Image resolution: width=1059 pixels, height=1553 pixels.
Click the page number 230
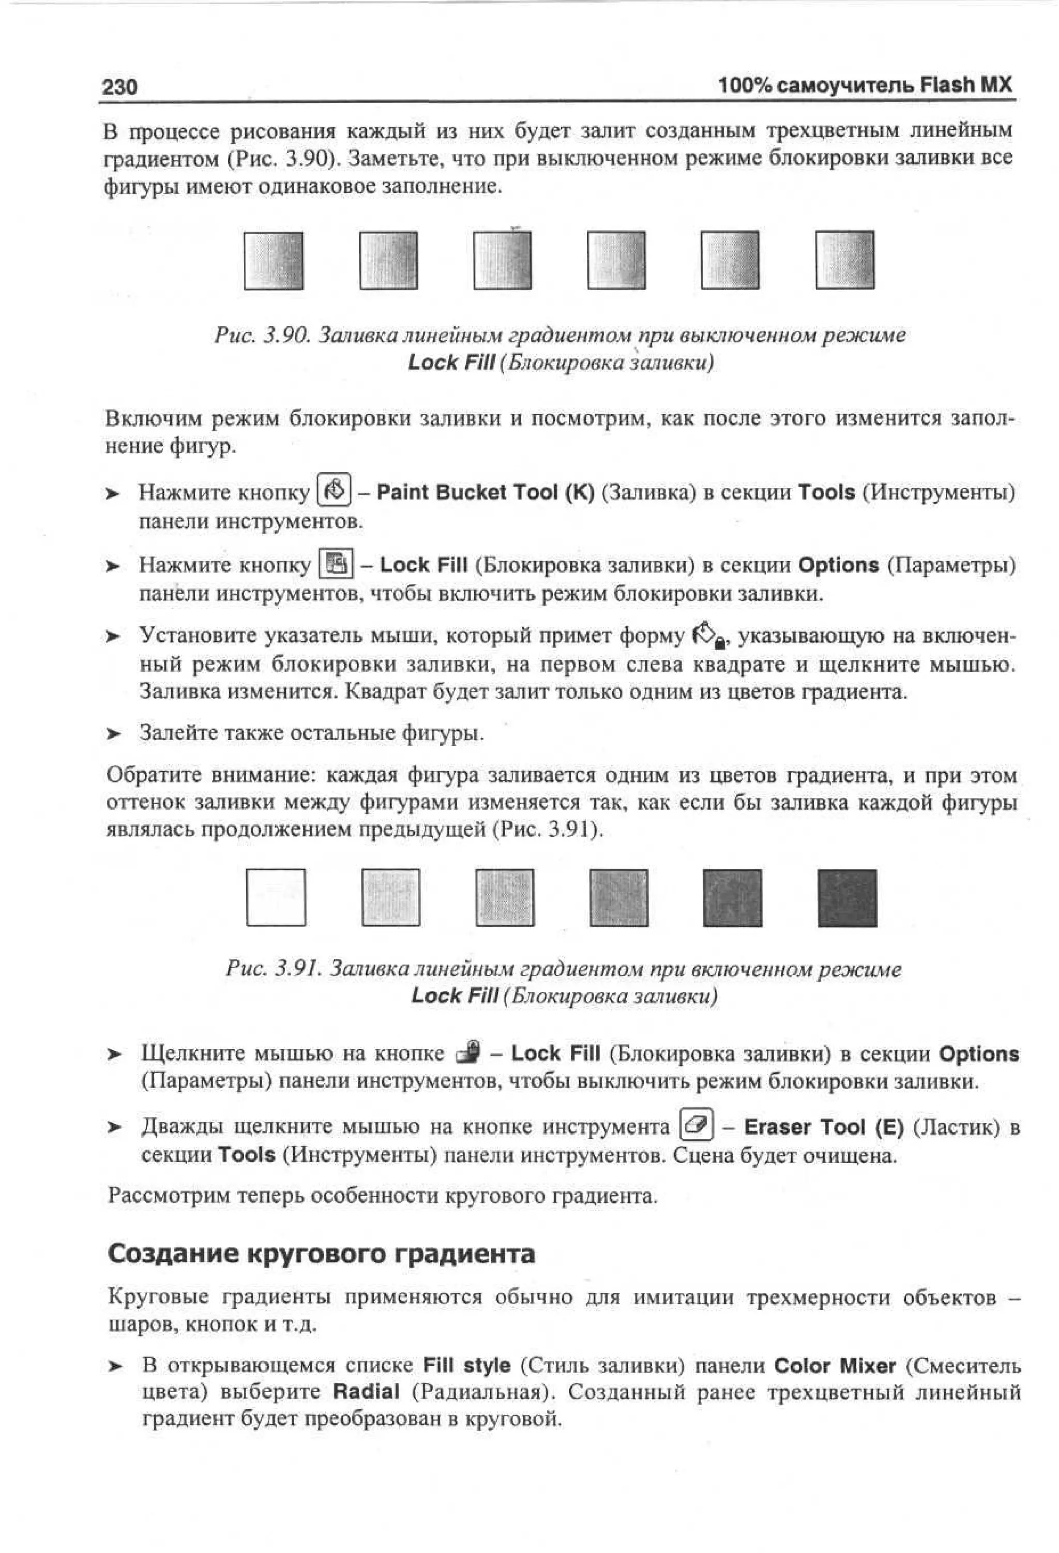[119, 87]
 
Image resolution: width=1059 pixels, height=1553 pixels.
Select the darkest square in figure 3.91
[846, 897]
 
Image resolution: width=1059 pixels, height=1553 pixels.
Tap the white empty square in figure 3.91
[276, 897]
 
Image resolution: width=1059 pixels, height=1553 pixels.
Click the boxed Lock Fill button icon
[336, 565]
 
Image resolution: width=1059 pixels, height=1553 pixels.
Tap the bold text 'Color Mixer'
[835, 1365]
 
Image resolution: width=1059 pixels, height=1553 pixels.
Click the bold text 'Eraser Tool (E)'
[823, 1127]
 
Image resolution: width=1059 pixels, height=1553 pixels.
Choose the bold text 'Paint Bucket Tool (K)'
[485, 492]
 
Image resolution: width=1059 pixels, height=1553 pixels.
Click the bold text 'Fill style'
[466, 1365]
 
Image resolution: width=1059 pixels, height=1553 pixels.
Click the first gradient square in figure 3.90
[273, 260]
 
